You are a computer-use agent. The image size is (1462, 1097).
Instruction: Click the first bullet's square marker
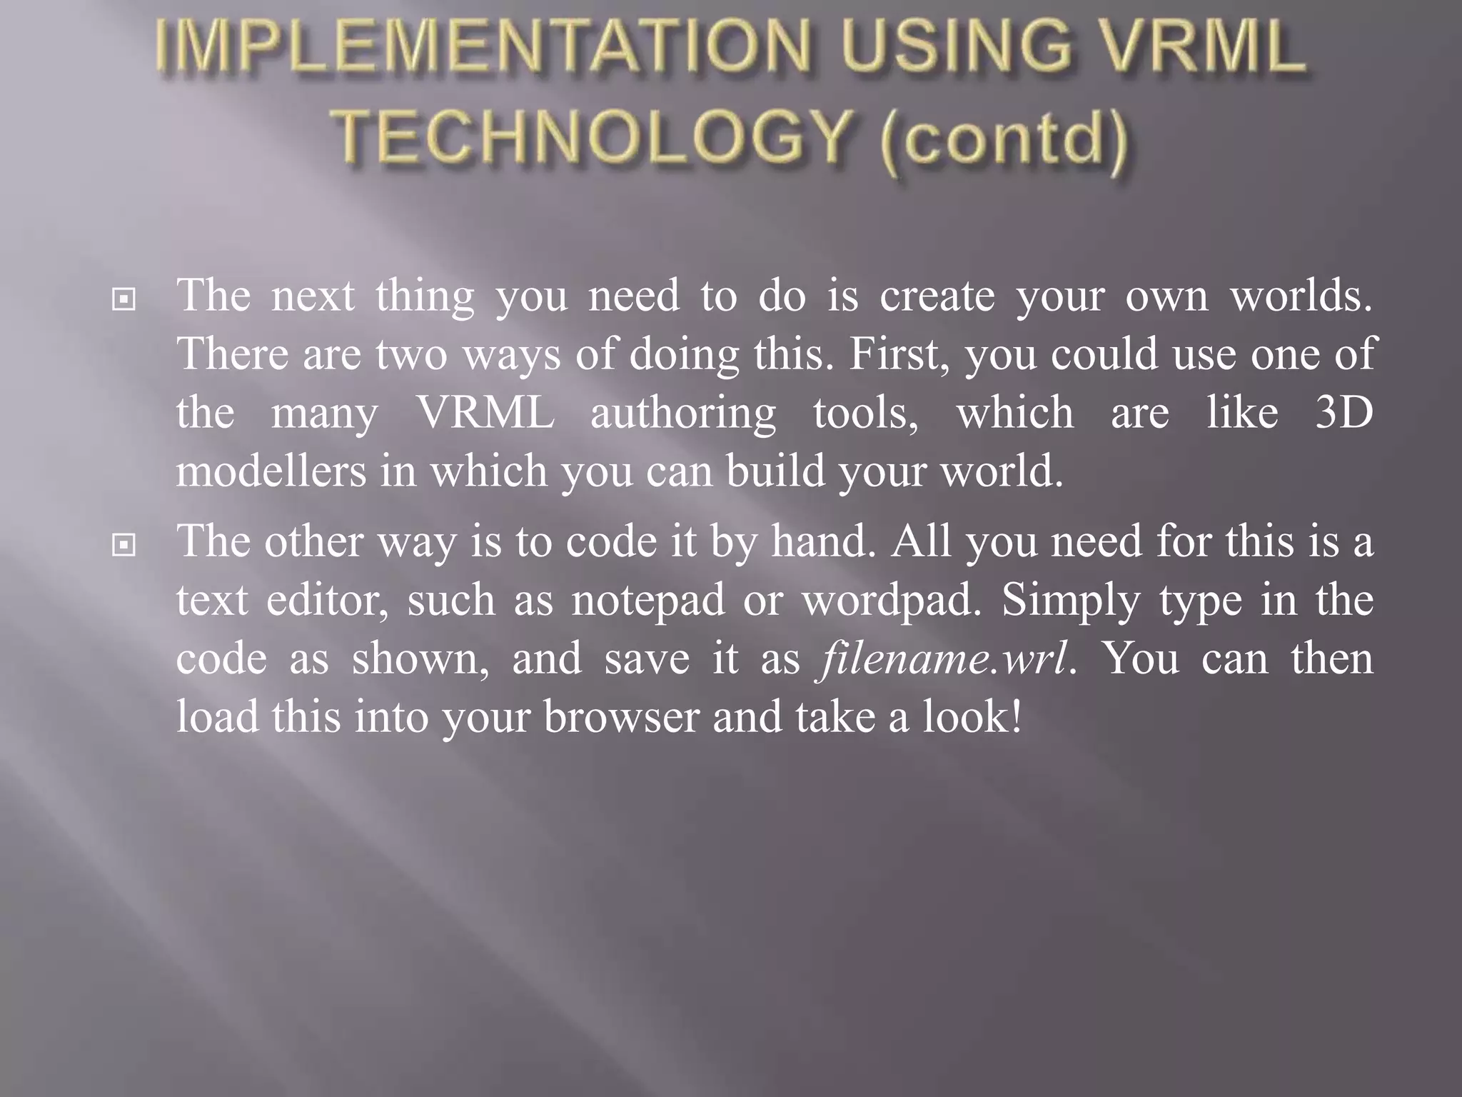(x=123, y=300)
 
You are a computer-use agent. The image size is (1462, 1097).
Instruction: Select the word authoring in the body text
(x=683, y=414)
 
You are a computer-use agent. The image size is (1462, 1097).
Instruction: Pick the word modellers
(x=271, y=471)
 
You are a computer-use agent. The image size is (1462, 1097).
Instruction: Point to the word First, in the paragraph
(x=899, y=354)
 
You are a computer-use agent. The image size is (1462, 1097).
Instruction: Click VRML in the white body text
(x=485, y=413)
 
